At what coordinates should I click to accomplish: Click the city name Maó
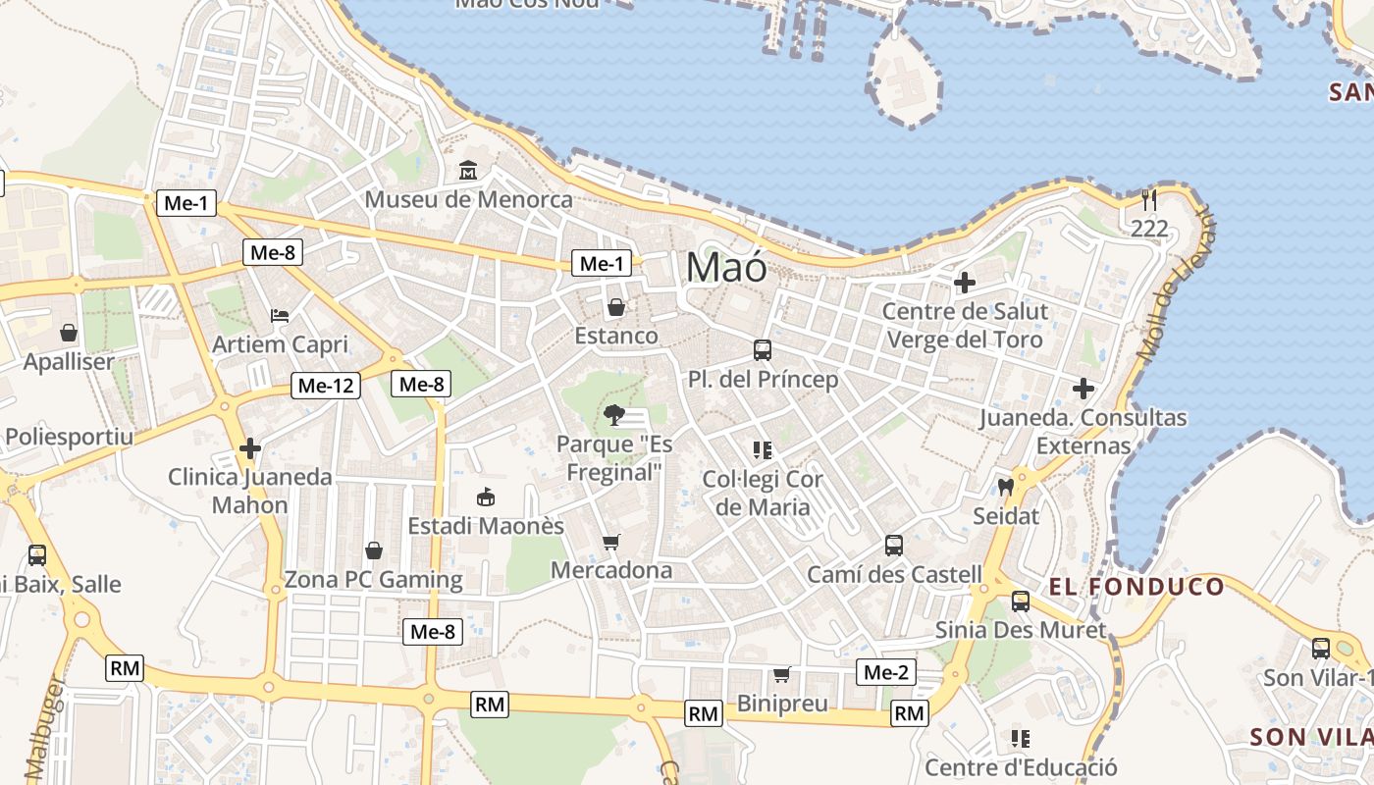726,267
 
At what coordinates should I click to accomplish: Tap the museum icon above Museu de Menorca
468,171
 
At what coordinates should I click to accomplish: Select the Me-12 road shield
326,386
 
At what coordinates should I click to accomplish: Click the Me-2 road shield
885,672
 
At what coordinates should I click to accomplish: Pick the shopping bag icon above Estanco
616,308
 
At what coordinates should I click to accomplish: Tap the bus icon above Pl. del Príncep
763,350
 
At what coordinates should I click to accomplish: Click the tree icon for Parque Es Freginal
614,415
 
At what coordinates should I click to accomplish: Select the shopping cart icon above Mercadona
611,542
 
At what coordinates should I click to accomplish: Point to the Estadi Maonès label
486,526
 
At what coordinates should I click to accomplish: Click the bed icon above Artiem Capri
280,316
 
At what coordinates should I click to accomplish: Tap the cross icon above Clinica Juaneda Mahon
250,449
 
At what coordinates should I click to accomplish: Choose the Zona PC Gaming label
373,579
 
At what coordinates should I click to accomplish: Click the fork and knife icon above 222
1149,201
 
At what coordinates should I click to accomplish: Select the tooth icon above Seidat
1005,487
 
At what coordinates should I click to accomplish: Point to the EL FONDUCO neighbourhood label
1136,588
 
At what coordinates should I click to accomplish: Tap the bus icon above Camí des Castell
894,546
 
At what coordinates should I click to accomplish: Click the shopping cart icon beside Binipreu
782,674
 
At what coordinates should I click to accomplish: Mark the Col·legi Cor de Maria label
763,494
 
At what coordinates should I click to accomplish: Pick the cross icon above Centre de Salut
965,284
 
